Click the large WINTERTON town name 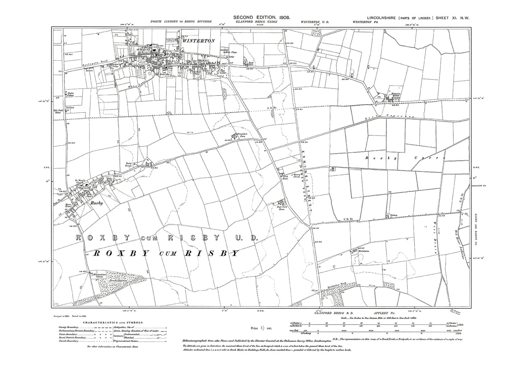[x=198, y=41]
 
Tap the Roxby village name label [x=97, y=203]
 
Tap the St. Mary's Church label [x=81, y=181]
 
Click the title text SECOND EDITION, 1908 [x=261, y=18]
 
